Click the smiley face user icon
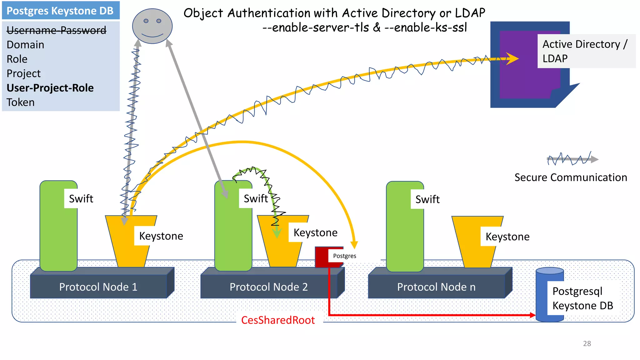[152, 26]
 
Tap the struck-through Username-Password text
[57, 30]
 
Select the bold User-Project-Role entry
[50, 88]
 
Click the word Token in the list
[21, 102]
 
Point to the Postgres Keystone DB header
[60, 11]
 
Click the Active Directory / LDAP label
[585, 51]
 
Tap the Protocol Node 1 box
[98, 287]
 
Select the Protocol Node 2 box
[268, 287]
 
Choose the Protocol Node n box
[436, 287]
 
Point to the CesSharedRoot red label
[278, 320]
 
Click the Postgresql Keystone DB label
[582, 298]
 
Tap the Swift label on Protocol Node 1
[81, 199]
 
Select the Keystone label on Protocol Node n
[507, 237]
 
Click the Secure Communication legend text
[571, 177]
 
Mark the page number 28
[587, 343]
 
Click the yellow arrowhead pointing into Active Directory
[513, 58]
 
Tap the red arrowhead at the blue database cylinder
[532, 315]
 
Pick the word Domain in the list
[25, 45]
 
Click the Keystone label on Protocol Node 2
[315, 233]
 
